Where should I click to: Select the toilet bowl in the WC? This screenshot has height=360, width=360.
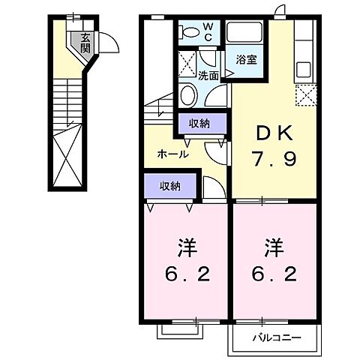coord(191,32)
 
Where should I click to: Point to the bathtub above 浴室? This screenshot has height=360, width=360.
coord(244,34)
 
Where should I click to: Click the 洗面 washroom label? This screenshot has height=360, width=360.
coord(208,75)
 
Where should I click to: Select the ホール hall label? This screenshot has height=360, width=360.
coord(172,154)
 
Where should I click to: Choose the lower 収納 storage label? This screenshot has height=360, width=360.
coord(169,185)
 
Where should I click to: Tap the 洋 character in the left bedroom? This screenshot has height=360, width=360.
coord(184,247)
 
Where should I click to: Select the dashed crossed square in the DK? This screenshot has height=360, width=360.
coord(305,95)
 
